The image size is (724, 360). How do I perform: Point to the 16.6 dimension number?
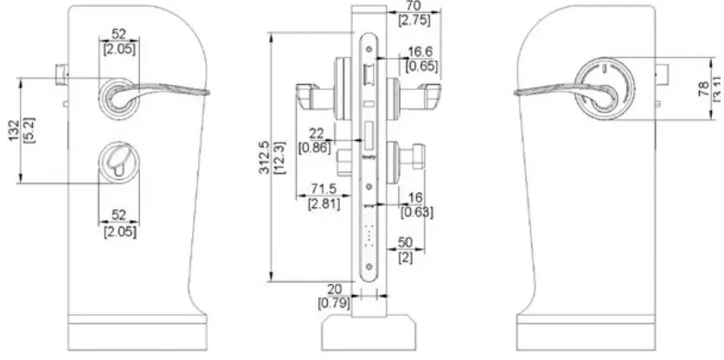419,53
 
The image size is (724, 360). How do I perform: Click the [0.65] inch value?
420,66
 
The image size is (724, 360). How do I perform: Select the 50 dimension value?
405,244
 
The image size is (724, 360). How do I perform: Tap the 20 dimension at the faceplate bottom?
335,290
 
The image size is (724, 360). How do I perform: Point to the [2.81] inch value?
324,203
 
